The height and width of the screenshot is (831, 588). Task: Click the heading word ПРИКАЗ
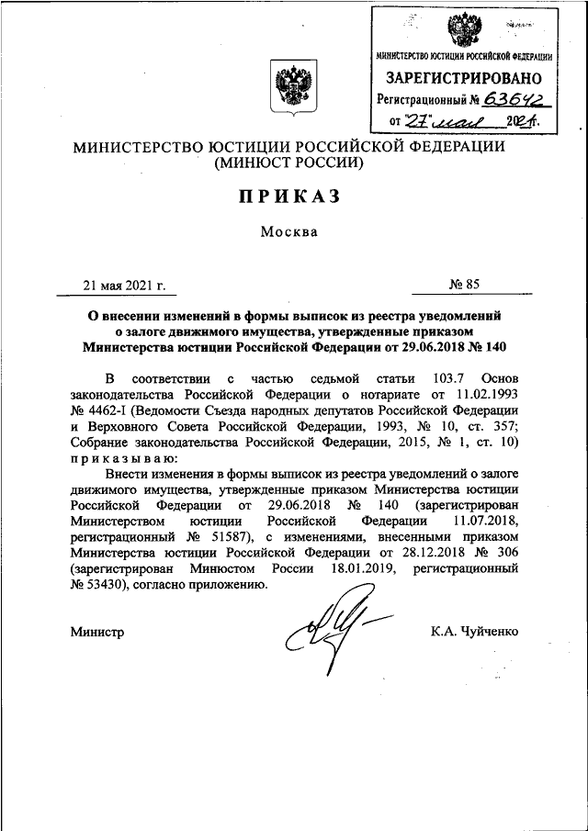coord(289,197)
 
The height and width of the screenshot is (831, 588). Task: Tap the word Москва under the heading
coord(288,231)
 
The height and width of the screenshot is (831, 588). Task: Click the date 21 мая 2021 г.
coord(117,285)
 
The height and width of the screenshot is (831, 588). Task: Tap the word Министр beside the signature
coord(96,631)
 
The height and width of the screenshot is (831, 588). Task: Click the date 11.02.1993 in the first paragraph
coord(474,396)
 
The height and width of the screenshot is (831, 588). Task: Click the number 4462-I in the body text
coord(107,411)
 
